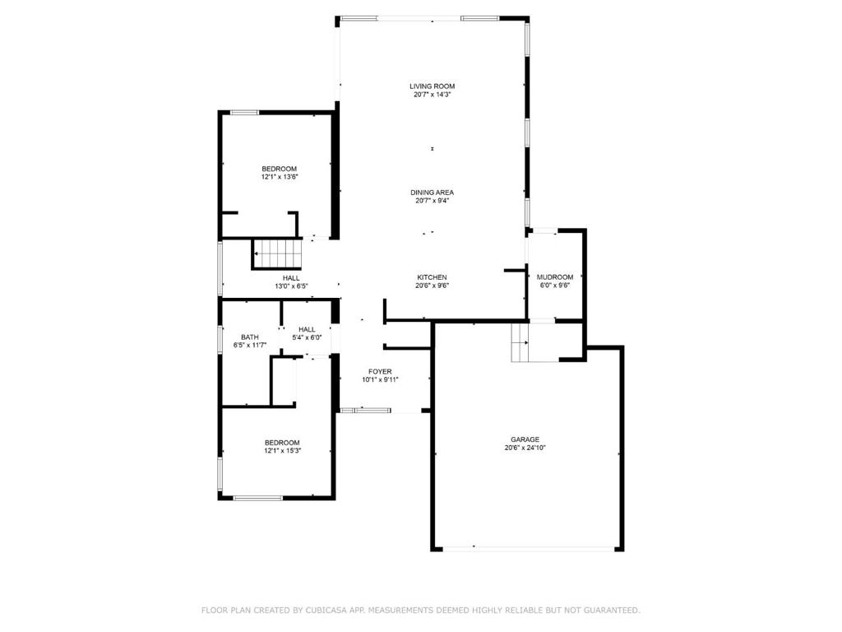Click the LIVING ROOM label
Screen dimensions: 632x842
[x=432, y=86]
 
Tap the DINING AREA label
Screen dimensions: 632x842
[x=432, y=193]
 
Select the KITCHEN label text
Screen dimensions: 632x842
[x=432, y=277]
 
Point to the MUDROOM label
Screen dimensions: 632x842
[x=555, y=277]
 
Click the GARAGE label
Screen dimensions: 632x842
[x=525, y=439]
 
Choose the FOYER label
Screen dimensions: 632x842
[x=380, y=371]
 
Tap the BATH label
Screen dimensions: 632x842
[x=250, y=337]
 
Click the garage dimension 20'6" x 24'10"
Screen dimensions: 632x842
[x=525, y=448]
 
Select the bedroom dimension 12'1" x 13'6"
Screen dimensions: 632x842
[x=280, y=177]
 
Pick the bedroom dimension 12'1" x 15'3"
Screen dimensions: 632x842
[x=282, y=451]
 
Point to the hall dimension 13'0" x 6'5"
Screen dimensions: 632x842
[x=291, y=286]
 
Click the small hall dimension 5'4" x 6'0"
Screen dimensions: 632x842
[x=307, y=337]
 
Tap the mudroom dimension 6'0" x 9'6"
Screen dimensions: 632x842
[x=555, y=286]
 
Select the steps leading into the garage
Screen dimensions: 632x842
[x=521, y=342]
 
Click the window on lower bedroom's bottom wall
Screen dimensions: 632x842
[x=257, y=498]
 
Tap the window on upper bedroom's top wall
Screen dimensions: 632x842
[x=244, y=112]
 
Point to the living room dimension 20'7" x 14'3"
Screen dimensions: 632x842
[x=432, y=95]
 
